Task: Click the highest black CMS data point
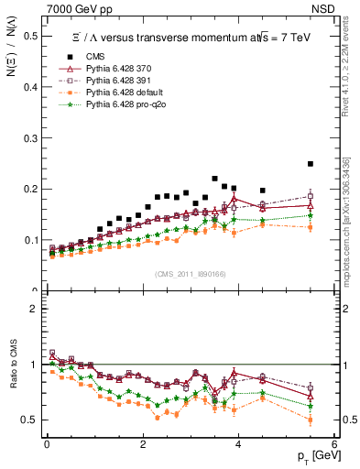pos(336,164)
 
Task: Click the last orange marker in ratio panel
pos(336,420)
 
